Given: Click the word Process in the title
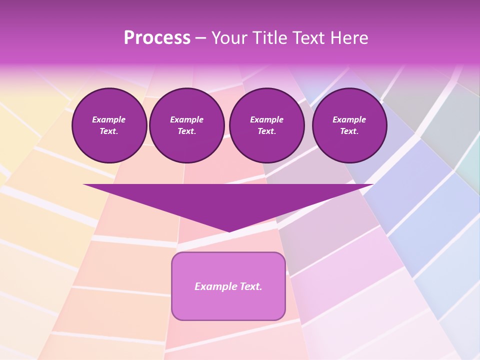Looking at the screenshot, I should pos(157,38).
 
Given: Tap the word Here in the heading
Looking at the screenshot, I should pos(349,38).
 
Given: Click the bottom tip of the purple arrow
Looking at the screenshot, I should pos(229,230).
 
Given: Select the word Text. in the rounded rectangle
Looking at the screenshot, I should pos(250,286).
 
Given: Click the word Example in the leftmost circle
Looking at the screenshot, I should pos(109,119).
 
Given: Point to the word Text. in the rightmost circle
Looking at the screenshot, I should pos(349,131).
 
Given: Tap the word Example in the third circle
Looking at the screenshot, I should pos(266,119).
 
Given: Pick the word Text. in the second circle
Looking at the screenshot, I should pos(186,131).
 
